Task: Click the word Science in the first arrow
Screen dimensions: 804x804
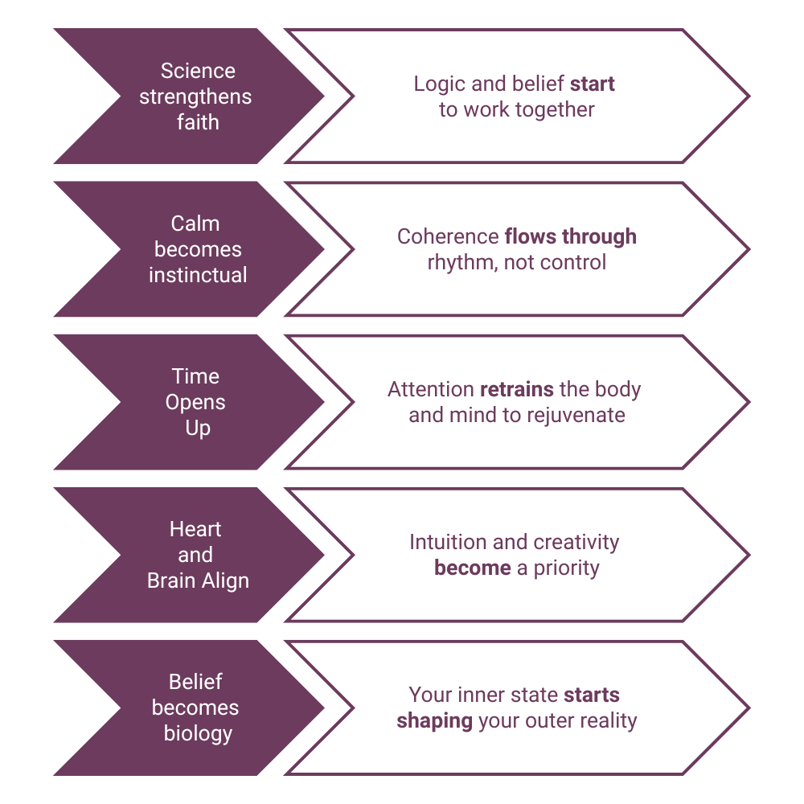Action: pyautogui.click(x=198, y=71)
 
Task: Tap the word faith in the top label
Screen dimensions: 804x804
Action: pyautogui.click(x=198, y=122)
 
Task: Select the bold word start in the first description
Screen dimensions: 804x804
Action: pyautogui.click(x=593, y=84)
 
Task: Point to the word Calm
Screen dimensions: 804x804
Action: pyautogui.click(x=195, y=224)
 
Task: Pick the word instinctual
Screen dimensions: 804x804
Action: pyautogui.click(x=198, y=275)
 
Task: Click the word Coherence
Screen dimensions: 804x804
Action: pyautogui.click(x=447, y=236)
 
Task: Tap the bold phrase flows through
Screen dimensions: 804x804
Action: pyautogui.click(x=570, y=236)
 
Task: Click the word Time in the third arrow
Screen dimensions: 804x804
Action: pyautogui.click(x=195, y=376)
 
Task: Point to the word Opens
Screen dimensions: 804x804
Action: pyautogui.click(x=195, y=402)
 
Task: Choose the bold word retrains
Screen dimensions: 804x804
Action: pyautogui.click(x=517, y=389)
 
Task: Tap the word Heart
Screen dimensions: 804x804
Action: pyautogui.click(x=195, y=529)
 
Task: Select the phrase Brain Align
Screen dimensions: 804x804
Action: pyautogui.click(x=198, y=580)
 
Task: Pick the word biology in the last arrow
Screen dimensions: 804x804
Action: pyautogui.click(x=198, y=733)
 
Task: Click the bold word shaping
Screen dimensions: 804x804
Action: pyautogui.click(x=434, y=720)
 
